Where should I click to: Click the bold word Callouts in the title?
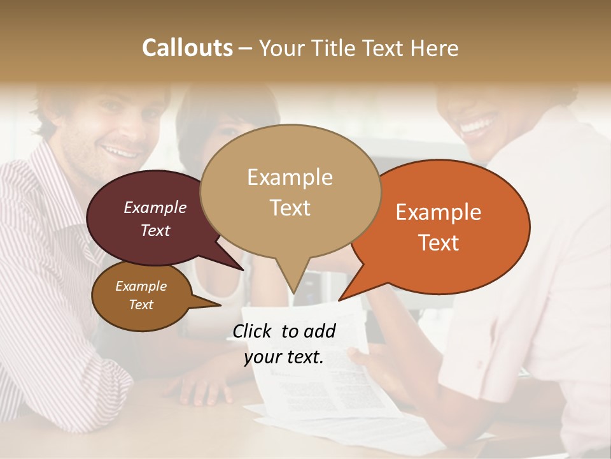(x=187, y=48)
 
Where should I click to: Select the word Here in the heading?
(x=435, y=48)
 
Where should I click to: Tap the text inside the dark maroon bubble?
(x=155, y=219)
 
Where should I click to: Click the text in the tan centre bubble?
(x=290, y=192)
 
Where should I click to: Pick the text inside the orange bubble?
(x=439, y=227)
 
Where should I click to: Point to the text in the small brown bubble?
(x=141, y=295)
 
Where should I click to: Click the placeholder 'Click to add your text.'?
(x=284, y=344)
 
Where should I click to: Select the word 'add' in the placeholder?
(x=320, y=331)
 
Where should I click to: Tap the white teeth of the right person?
(x=479, y=123)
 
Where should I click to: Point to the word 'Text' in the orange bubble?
(x=439, y=243)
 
